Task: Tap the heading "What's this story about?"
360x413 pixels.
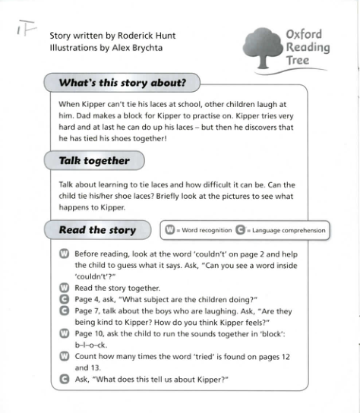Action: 123,82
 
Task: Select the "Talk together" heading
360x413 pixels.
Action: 94,160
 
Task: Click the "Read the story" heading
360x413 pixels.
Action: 97,230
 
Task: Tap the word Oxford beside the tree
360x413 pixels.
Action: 304,34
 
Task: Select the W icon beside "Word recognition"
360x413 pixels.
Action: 170,230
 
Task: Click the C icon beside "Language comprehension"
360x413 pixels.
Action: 240,230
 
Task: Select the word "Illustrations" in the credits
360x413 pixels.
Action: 74,48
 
